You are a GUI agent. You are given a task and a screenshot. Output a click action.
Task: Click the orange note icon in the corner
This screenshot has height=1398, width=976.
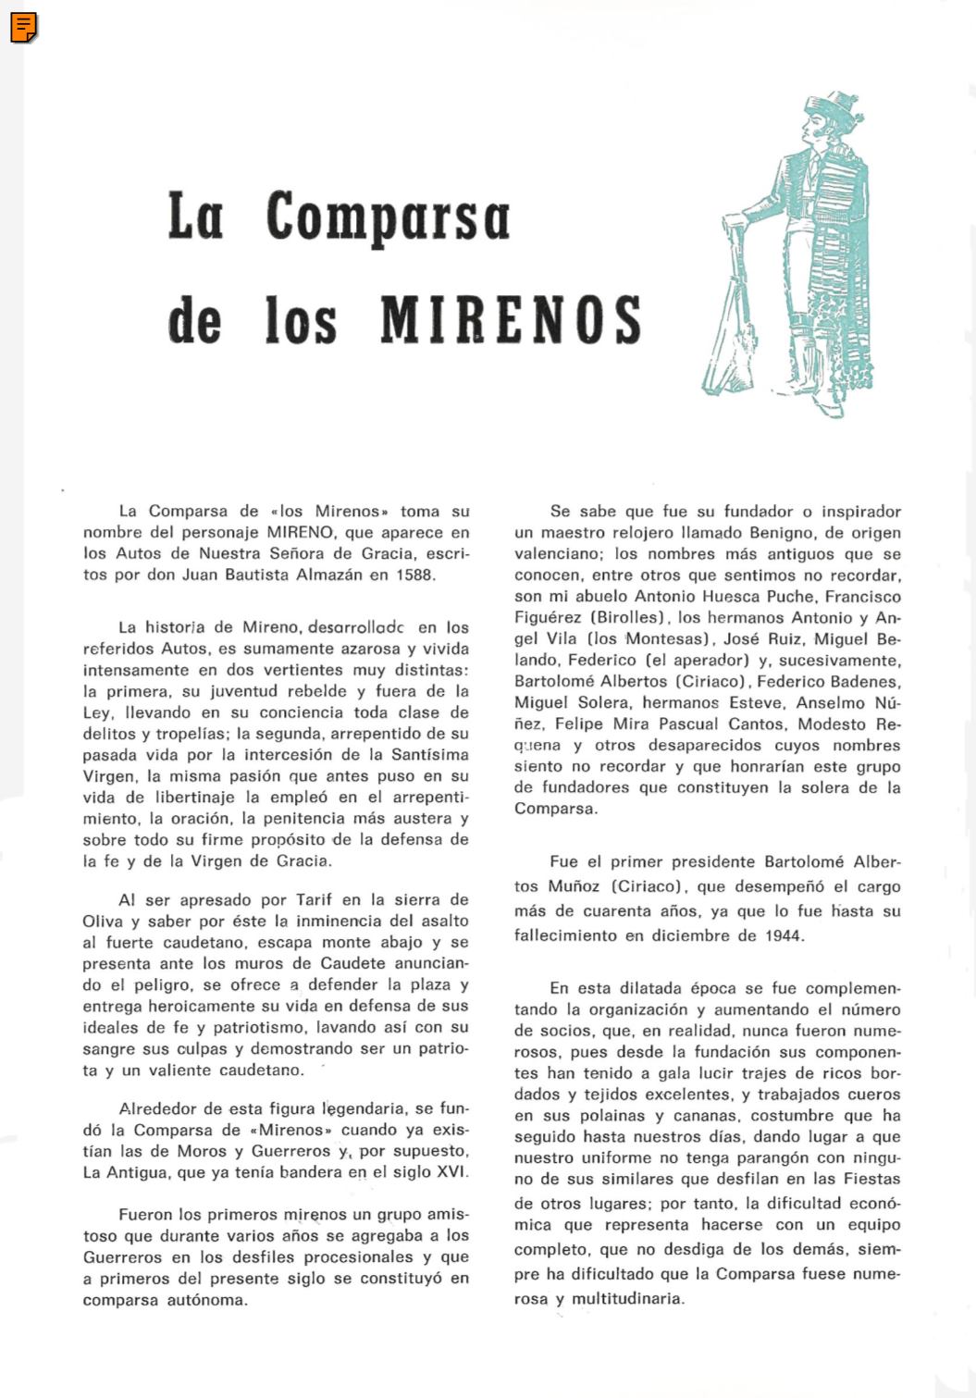pyautogui.click(x=24, y=28)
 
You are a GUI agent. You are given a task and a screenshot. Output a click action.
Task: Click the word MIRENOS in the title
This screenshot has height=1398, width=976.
pyautogui.click(x=511, y=319)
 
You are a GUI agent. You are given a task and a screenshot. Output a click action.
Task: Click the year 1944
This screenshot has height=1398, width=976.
pyautogui.click(x=784, y=934)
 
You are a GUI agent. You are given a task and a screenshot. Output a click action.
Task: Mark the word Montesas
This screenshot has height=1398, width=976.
pyautogui.click(x=665, y=638)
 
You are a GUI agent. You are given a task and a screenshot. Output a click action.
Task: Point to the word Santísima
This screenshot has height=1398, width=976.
pyautogui.click(x=430, y=754)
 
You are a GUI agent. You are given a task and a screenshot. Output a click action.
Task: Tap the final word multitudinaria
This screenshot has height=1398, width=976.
pyautogui.click(x=627, y=1298)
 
